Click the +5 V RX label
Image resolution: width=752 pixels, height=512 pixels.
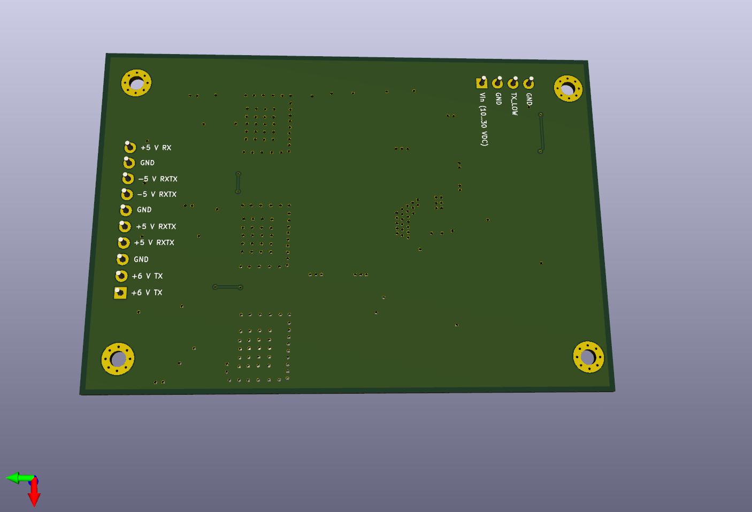(156, 148)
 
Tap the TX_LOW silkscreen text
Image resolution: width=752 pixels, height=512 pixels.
(514, 104)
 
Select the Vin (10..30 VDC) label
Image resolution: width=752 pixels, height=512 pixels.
(484, 119)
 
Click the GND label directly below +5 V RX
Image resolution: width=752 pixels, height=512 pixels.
(148, 163)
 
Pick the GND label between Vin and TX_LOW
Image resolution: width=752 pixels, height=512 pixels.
(498, 98)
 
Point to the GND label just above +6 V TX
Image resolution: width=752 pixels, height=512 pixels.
(141, 259)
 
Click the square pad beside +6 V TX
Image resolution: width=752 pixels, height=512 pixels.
(120, 293)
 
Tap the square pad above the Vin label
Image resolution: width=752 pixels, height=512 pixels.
(482, 83)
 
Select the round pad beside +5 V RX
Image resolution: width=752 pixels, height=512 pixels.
(130, 147)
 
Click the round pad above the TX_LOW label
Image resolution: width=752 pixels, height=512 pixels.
(513, 83)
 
